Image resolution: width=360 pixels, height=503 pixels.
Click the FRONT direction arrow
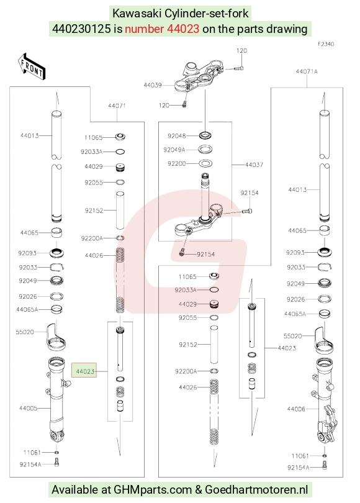coord(31,66)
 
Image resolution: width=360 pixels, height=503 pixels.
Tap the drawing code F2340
coord(326,44)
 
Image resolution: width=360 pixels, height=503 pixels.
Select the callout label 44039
coord(152,85)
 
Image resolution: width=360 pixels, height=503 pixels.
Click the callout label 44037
coord(254,165)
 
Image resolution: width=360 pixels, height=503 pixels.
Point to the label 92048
coord(177,136)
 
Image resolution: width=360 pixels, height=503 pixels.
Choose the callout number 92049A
coord(174,150)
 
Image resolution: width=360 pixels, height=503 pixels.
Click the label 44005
coord(28,408)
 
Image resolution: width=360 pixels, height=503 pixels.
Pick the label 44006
coord(296,409)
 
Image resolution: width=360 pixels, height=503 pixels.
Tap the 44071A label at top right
coord(307,71)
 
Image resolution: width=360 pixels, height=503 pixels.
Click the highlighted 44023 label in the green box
coord(84,371)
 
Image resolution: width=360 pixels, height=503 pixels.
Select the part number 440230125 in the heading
coord(81,29)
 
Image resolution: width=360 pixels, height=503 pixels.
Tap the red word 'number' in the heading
coord(144,29)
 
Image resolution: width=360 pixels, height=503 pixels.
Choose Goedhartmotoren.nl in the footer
coord(256,489)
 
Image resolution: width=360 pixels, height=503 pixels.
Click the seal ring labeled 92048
coord(205,135)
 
